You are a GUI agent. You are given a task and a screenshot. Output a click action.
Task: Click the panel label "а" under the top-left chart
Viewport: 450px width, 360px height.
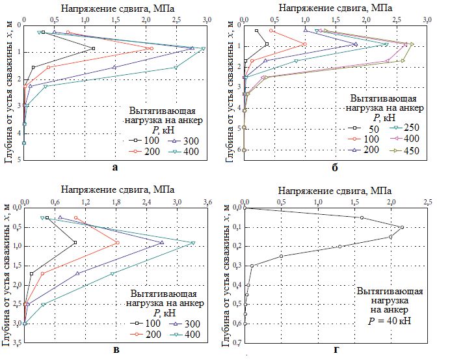115,167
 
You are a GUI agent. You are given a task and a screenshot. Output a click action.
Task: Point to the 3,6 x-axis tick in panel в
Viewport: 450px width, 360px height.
207,201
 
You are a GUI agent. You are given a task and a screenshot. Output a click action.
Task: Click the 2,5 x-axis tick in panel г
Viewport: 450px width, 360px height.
427,201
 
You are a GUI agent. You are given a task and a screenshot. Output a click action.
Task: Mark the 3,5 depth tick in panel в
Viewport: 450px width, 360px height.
16,342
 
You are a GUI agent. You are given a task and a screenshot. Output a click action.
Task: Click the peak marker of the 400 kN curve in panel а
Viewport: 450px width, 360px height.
204,49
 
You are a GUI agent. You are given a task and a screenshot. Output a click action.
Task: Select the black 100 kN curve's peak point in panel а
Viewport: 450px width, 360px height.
93,49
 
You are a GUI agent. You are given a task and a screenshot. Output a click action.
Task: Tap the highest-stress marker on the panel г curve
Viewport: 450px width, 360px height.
402,227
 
